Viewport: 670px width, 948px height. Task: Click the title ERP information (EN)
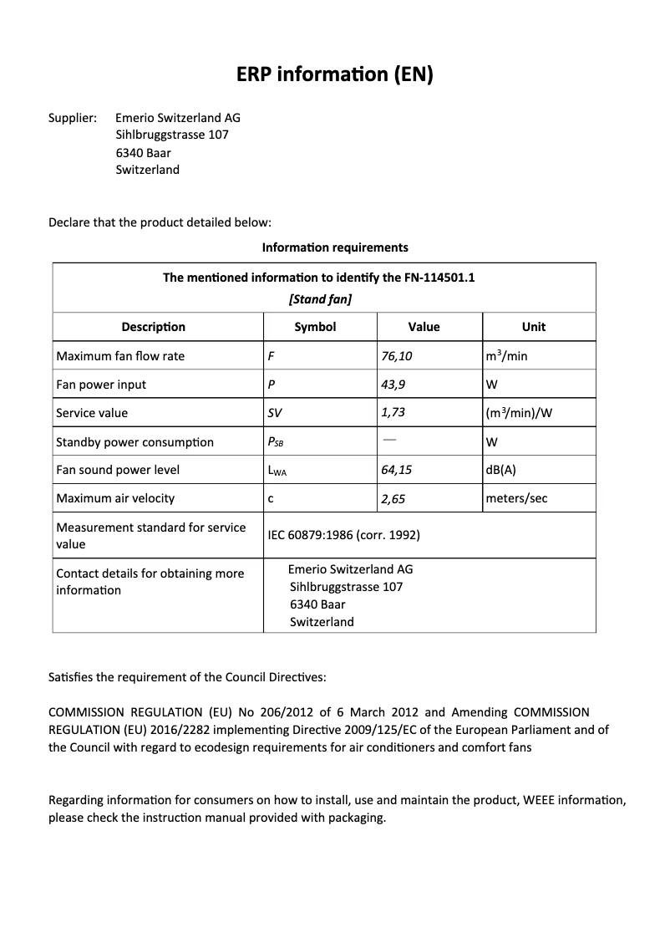tap(335, 75)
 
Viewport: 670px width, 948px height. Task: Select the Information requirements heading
tap(335, 247)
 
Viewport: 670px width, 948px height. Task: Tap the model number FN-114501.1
tap(439, 278)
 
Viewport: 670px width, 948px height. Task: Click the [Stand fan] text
tap(319, 298)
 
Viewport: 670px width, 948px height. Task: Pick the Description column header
tap(153, 327)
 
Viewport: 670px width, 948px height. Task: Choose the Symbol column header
tap(315, 327)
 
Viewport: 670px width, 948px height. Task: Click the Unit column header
tap(533, 327)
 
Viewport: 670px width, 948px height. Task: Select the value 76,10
tap(397, 356)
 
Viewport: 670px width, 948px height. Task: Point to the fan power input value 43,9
tap(393, 385)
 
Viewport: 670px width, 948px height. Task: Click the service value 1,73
tap(393, 413)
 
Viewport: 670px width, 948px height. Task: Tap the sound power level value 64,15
tap(397, 470)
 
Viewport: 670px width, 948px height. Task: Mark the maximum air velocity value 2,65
tap(393, 498)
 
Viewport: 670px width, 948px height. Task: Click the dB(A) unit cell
tap(500, 470)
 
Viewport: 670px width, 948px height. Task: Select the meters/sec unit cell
tap(516, 498)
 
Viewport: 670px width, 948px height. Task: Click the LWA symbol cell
tap(277, 471)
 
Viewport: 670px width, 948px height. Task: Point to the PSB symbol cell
tap(277, 442)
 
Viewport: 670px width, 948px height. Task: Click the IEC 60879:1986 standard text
tap(343, 535)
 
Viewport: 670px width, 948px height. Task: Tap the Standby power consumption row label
tap(135, 442)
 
